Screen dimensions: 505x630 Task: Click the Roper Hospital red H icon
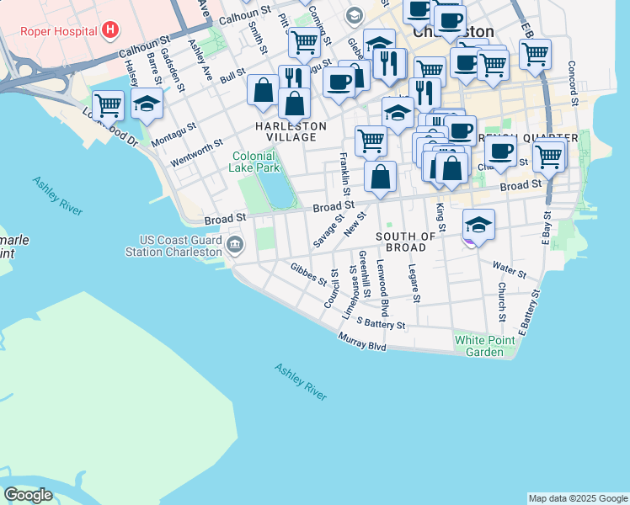tap(109, 31)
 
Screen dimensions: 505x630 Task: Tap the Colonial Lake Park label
tap(253, 162)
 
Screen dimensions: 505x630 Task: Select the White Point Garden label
tap(485, 346)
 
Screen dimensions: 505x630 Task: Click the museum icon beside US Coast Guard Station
tap(235, 246)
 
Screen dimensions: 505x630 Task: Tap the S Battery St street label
tap(381, 322)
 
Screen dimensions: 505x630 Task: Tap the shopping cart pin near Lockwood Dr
tap(108, 105)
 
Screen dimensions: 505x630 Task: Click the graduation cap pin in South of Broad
tap(478, 225)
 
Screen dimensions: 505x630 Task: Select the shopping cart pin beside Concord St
tap(535, 54)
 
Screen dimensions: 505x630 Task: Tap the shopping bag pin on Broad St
tap(381, 176)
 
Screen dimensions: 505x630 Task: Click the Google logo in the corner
tap(28, 495)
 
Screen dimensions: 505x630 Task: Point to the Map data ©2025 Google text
tap(577, 498)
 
